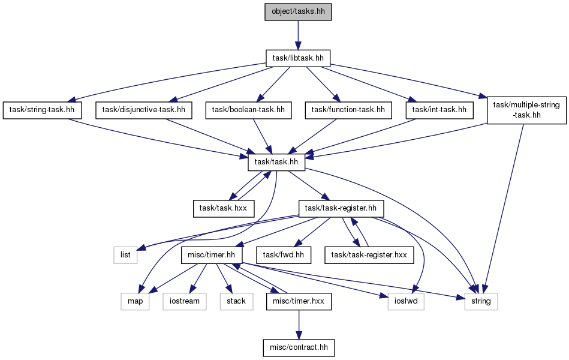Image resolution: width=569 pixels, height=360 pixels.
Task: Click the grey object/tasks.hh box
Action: (x=298, y=11)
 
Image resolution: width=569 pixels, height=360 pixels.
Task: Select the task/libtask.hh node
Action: (x=298, y=58)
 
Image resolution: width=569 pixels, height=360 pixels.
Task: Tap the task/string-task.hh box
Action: (x=42, y=110)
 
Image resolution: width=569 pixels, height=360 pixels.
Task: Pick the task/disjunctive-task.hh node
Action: (x=144, y=110)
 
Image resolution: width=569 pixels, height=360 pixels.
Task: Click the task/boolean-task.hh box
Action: (x=249, y=110)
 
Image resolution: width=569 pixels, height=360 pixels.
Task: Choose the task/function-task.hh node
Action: (x=348, y=110)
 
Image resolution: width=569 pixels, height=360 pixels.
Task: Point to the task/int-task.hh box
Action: (x=439, y=110)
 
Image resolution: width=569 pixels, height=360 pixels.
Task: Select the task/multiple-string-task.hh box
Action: (x=526, y=110)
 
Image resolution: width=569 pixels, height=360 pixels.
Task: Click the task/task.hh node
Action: (x=276, y=162)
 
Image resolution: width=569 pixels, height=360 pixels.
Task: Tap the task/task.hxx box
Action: (x=224, y=209)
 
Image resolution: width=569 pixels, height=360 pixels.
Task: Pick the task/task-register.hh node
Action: (x=341, y=209)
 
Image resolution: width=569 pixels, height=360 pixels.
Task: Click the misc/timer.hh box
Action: (x=212, y=255)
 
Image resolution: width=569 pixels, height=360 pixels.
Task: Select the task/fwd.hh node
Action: (x=284, y=255)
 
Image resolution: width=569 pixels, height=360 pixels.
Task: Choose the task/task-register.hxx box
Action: (x=369, y=255)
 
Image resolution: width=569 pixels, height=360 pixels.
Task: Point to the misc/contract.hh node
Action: (x=299, y=347)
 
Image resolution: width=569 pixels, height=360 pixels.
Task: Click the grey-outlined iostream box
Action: (x=185, y=302)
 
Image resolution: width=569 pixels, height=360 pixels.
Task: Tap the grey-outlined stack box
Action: (x=236, y=302)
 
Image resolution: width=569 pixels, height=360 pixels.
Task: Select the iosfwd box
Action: (x=406, y=302)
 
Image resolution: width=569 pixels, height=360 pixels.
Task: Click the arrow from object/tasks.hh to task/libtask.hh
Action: (x=298, y=35)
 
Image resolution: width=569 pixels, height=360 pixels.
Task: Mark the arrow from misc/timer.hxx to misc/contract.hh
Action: (x=299, y=325)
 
